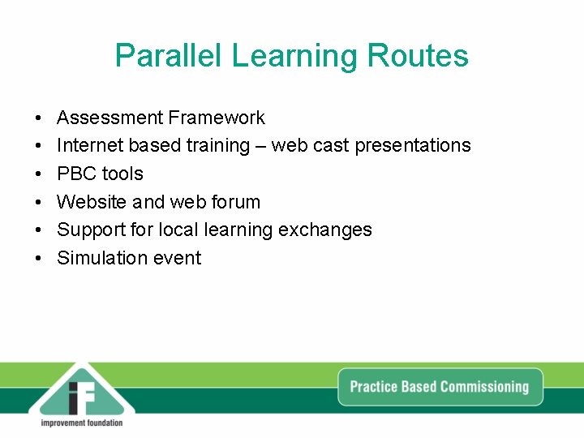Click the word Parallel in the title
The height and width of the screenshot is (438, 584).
[x=169, y=56]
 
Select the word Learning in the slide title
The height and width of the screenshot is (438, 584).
[x=295, y=56]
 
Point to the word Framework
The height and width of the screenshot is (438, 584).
[x=216, y=118]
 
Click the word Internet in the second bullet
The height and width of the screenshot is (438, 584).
[x=88, y=146]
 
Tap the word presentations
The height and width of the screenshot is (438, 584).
[x=413, y=146]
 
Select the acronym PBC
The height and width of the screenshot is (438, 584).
[x=75, y=174]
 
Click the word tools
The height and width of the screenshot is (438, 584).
[x=122, y=174]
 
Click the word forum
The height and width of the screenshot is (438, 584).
[x=235, y=202]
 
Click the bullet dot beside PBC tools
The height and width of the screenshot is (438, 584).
[x=39, y=174]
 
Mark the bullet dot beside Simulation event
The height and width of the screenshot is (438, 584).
[x=39, y=259]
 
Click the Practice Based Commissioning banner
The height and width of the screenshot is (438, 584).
[x=439, y=387]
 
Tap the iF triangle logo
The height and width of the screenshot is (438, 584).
[x=82, y=393]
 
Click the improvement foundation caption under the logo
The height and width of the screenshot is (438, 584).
[x=82, y=423]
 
